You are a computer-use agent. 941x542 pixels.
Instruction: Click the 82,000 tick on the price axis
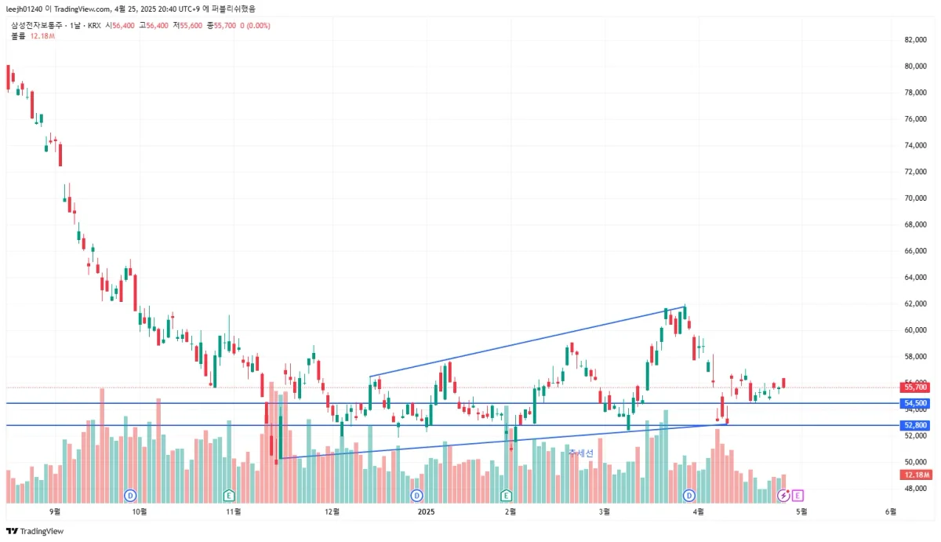click(x=915, y=39)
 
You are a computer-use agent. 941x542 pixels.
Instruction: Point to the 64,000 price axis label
click(x=915, y=277)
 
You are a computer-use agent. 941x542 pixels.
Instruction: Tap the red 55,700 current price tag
click(x=916, y=387)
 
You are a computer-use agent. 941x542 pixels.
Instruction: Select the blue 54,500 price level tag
click(x=916, y=403)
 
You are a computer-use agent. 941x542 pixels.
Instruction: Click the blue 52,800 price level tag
click(x=916, y=425)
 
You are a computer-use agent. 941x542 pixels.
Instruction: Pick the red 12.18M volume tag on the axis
click(x=916, y=475)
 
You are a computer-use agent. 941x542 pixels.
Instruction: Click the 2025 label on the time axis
click(x=426, y=512)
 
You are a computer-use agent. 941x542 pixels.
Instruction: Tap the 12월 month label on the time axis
click(x=332, y=512)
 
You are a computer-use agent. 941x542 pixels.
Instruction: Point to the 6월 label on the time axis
click(x=891, y=512)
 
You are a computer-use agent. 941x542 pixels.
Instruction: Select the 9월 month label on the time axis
click(x=54, y=512)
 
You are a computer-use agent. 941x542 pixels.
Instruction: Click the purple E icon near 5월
click(x=797, y=495)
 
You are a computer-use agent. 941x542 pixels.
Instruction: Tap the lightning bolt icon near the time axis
click(x=783, y=495)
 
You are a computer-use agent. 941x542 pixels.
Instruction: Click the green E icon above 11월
click(x=229, y=495)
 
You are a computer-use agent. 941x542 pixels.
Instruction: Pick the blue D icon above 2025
click(x=416, y=495)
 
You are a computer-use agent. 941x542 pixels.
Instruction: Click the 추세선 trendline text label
click(x=581, y=453)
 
